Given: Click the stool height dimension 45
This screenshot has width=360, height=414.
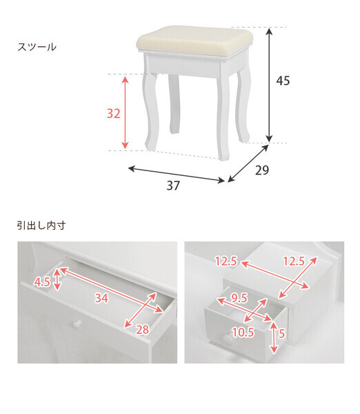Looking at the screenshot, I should click(x=283, y=81).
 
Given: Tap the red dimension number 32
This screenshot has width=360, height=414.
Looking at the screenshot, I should click(x=114, y=113).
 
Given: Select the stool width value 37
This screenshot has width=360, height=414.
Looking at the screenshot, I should click(x=172, y=186).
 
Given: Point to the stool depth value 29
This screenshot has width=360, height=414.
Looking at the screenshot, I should click(x=261, y=170).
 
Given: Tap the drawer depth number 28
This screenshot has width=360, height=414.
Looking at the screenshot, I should click(x=142, y=330).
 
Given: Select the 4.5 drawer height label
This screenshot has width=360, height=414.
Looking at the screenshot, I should click(x=41, y=282).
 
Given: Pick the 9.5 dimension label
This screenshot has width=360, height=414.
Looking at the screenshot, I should click(x=239, y=299).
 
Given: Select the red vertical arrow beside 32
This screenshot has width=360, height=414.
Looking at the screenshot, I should click(x=125, y=112).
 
